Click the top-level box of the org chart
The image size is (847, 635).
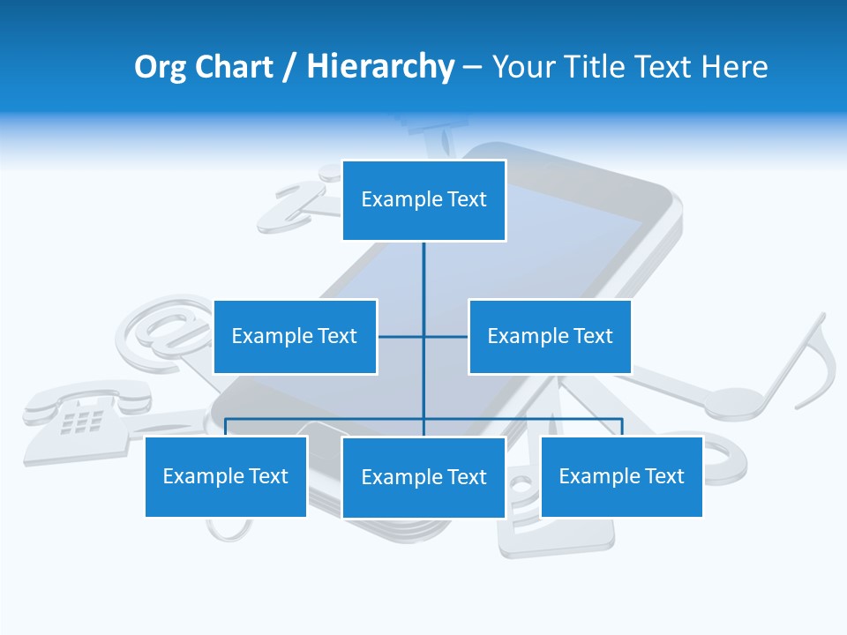[x=423, y=200]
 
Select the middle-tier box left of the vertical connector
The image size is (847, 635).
[x=295, y=336]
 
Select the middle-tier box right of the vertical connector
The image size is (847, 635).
[x=550, y=336]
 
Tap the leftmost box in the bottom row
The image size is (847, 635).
[x=226, y=476]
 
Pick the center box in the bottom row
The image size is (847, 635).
[x=423, y=477]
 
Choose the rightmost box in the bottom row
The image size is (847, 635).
[x=621, y=476]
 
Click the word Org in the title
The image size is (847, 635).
[x=159, y=67]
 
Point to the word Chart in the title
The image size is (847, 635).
[x=233, y=67]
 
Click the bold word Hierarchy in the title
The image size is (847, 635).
[x=380, y=67]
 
